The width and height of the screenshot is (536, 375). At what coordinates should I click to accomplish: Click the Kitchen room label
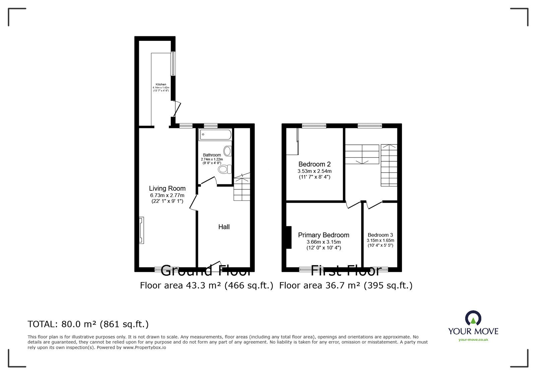161,84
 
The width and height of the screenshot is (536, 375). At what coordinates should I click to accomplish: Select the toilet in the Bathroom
225,169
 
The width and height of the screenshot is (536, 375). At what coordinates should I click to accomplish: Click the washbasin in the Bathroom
227,151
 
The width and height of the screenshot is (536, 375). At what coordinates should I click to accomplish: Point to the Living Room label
167,188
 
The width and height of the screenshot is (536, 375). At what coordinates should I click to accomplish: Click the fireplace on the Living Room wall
141,230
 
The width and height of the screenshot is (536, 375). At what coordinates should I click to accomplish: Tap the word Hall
224,227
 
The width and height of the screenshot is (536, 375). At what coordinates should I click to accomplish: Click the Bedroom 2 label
314,164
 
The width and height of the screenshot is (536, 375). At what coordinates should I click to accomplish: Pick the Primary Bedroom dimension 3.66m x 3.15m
323,242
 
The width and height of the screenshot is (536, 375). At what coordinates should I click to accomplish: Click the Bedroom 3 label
380,235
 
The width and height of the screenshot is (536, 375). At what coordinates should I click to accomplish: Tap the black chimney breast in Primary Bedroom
288,237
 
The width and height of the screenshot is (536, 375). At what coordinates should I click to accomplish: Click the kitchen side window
173,63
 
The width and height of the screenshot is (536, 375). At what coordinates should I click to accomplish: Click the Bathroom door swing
209,181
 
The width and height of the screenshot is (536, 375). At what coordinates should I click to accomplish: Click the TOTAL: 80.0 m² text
88,324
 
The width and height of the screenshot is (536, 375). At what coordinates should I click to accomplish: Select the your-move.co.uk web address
473,340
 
